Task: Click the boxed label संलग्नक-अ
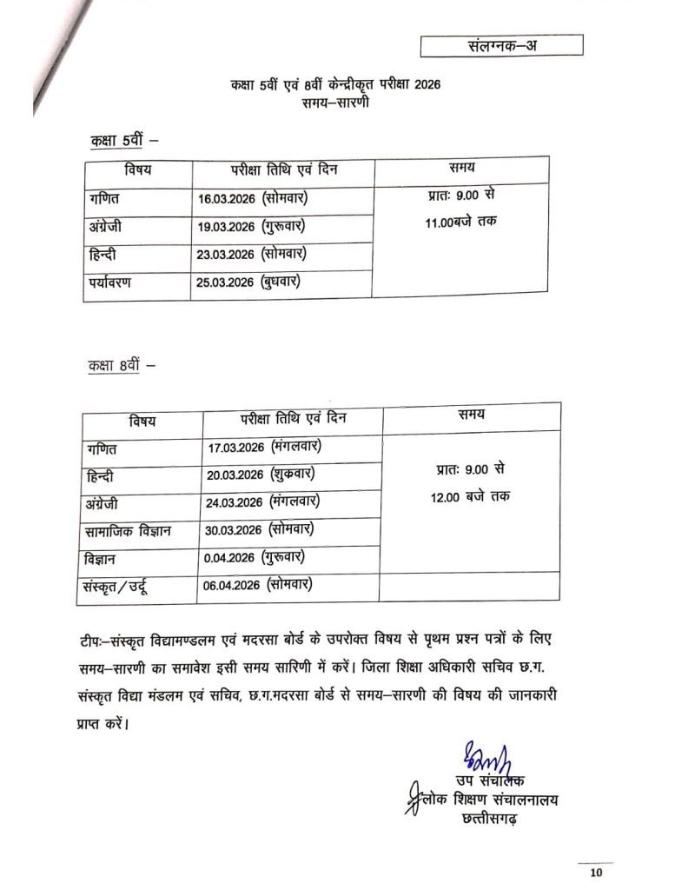501,45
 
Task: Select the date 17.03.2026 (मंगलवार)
266,448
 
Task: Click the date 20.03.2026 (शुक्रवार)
261,475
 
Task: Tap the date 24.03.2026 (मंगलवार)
266,502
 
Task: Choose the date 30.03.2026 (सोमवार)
261,529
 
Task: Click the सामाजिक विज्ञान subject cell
128,530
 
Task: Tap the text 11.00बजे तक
461,222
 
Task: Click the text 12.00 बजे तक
473,495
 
